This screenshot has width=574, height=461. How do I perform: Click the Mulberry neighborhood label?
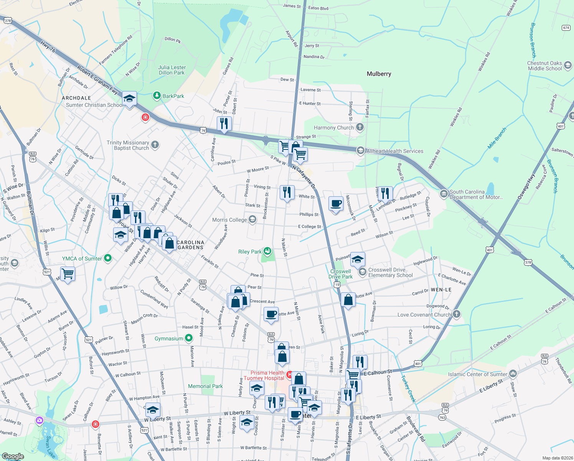pos(379,74)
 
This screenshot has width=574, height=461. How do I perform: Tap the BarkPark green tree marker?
pos(157,96)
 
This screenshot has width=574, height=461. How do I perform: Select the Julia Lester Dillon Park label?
pos(172,70)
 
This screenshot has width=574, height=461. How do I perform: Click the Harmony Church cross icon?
pos(360,127)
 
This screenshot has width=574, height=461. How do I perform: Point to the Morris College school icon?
pos(252,219)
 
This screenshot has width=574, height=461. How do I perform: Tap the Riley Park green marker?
pos(267,252)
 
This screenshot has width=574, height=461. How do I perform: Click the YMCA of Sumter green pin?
pos(108,258)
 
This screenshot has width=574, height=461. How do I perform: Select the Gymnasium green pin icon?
pos(189,338)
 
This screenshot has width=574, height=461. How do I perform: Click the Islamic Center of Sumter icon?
pos(513,374)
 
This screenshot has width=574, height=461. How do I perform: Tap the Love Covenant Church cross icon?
pos(456,314)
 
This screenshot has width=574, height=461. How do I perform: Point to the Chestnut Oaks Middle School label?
pos(544,66)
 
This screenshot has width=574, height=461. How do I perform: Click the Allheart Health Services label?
pos(395,151)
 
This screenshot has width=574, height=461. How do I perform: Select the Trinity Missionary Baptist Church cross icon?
pos(155,145)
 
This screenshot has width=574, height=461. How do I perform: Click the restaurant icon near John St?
pos(224,124)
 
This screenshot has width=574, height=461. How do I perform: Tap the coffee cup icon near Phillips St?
pos(336,203)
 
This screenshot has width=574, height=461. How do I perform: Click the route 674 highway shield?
pos(566,28)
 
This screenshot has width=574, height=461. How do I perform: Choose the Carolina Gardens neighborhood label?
pos(190,245)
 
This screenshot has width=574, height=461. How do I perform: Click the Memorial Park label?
pos(205,386)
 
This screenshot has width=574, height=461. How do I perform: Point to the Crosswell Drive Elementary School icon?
pos(362,272)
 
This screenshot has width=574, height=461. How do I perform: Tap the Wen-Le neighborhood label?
pos(441,290)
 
